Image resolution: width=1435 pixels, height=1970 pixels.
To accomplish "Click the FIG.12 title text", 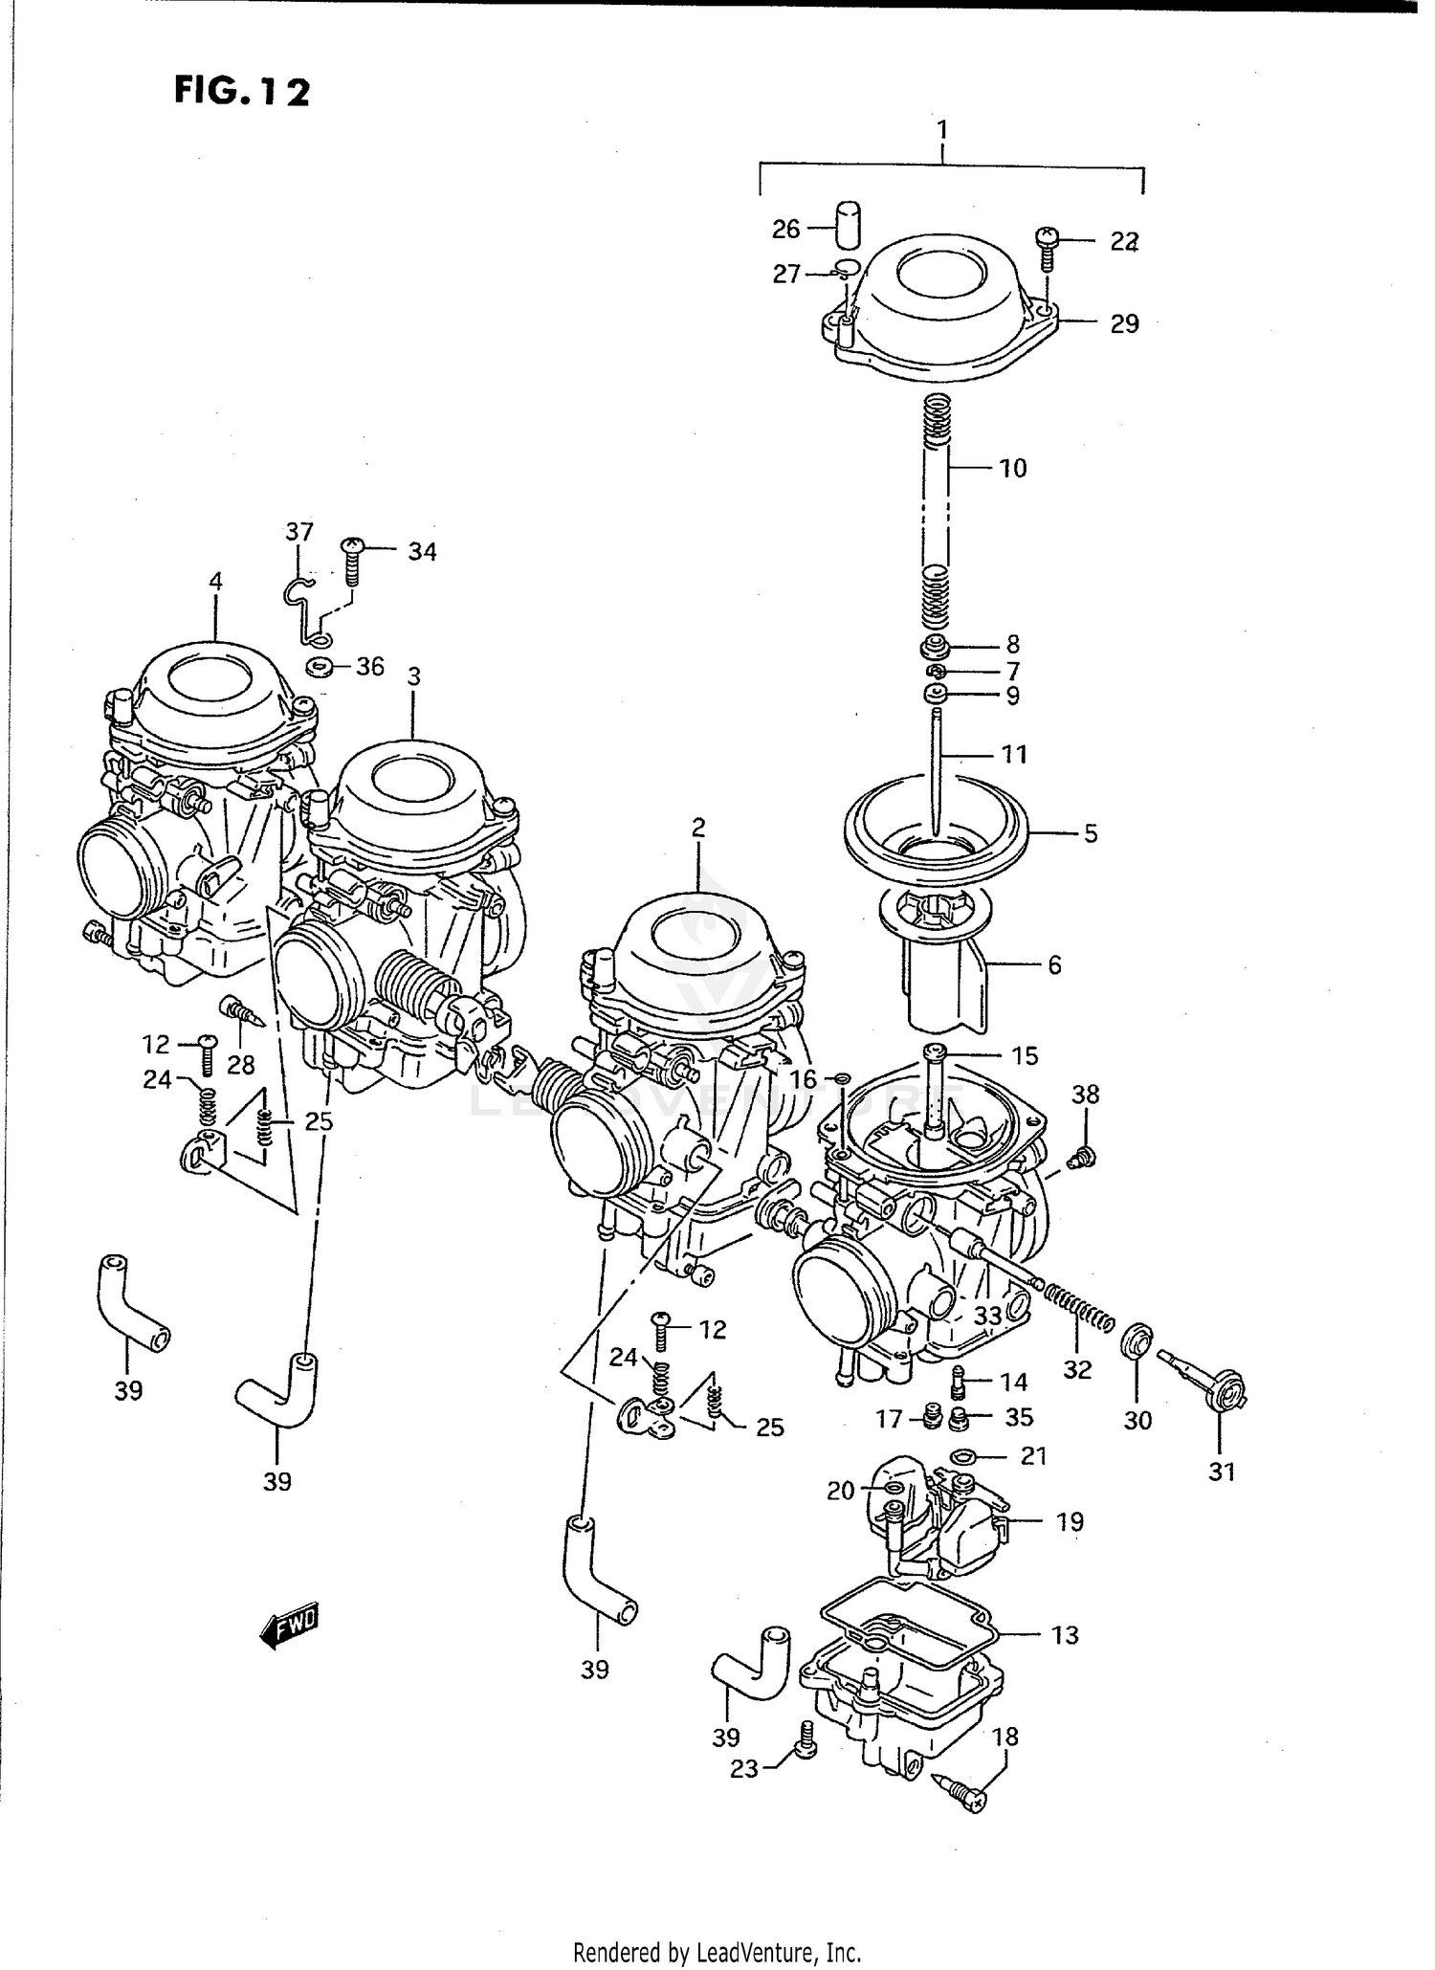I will pos(242,91).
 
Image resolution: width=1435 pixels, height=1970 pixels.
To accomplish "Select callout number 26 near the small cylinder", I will pos(785,229).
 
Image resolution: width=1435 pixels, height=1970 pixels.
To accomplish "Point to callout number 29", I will pos(1124,323).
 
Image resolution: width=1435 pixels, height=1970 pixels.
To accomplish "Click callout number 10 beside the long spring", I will pos(1012,468).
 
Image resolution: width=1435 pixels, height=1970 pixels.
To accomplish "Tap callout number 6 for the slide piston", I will pos(1054,964).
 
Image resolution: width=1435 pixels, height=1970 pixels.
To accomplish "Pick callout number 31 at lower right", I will pos(1222,1472).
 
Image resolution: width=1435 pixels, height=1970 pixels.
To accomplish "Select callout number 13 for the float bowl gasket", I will pos(1064,1635).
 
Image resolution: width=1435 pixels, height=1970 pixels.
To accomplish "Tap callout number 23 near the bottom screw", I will pos(744,1769).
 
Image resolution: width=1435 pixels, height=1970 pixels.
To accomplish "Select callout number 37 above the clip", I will pos(299,531).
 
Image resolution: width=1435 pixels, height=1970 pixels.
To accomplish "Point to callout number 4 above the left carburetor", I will pos(215,581).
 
